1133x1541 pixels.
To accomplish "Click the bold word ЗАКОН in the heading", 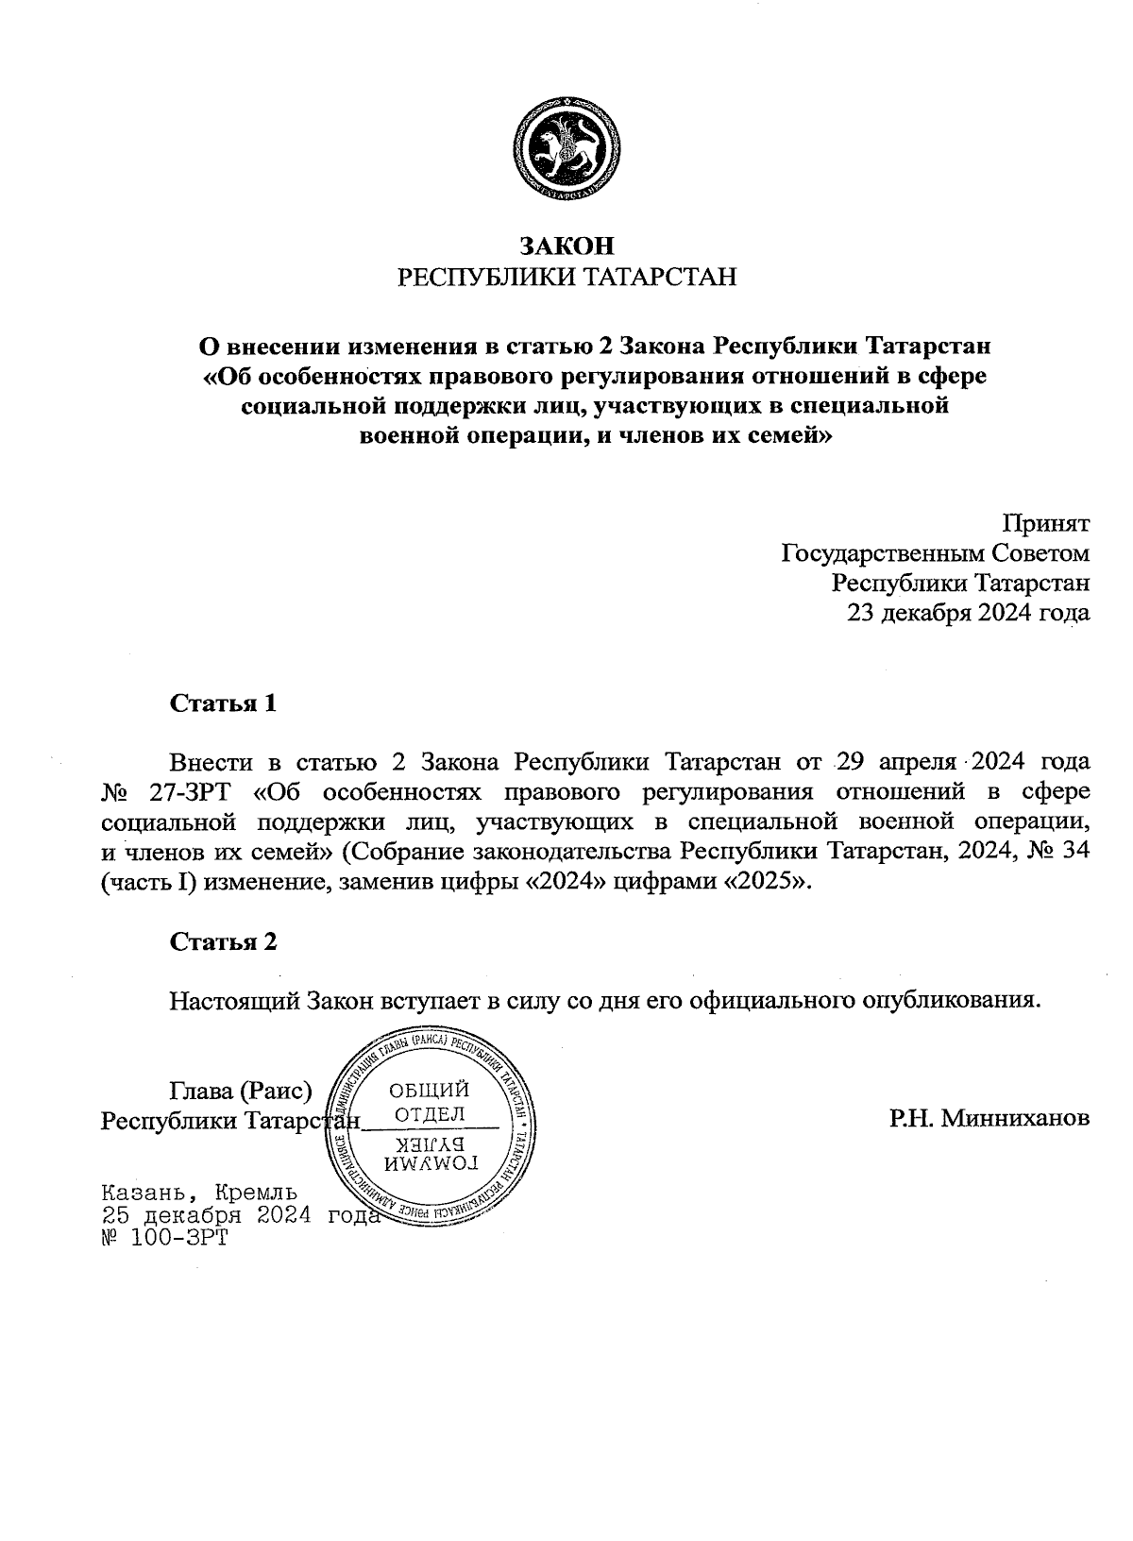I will pyautogui.click(x=566, y=246).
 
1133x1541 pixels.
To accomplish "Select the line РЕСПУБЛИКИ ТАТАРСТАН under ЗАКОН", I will pyautogui.click(x=566, y=278).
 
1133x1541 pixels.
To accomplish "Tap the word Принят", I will pyautogui.click(x=1045, y=523).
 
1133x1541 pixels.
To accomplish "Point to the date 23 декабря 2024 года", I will pyautogui.click(x=969, y=614).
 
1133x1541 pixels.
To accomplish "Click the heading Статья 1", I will pyautogui.click(x=223, y=703).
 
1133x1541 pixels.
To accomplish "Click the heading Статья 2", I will pyautogui.click(x=223, y=942).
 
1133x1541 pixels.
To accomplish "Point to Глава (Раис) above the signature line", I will pyautogui.click(x=241, y=1092).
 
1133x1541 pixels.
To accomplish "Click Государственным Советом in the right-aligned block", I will pyautogui.click(x=936, y=552).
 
